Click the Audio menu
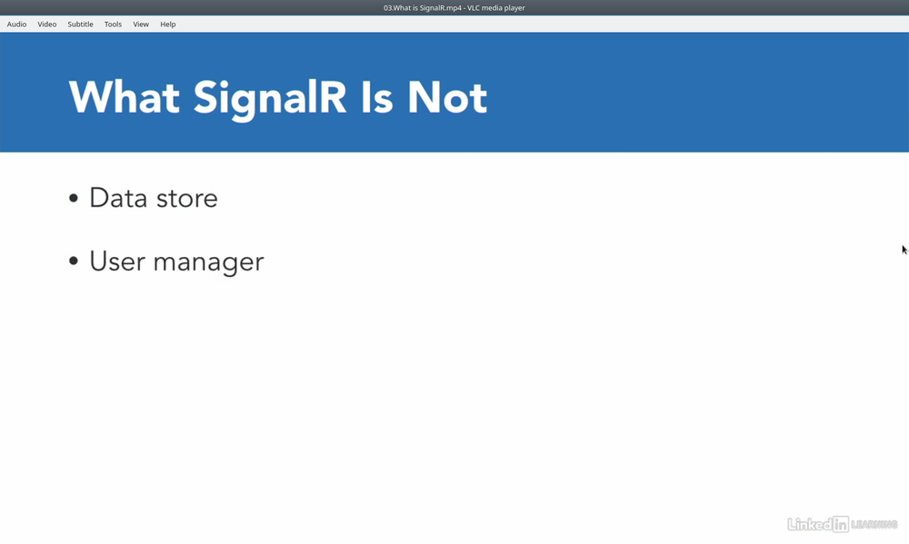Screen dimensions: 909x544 click(16, 25)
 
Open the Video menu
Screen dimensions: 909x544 click(47, 25)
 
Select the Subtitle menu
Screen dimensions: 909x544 click(80, 25)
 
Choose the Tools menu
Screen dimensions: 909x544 click(113, 25)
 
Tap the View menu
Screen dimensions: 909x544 click(141, 25)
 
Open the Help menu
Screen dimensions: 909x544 click(168, 25)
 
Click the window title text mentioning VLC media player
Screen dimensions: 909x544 click(454, 7)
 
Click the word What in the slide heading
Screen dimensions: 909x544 click(124, 97)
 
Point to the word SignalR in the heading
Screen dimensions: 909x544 click(270, 100)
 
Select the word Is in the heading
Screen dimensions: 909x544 click(377, 97)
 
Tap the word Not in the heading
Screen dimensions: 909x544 click(447, 97)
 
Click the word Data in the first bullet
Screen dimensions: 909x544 click(118, 198)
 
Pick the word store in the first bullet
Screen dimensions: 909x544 click(187, 199)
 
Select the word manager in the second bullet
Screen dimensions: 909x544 click(209, 263)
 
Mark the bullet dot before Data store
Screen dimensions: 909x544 click(73, 198)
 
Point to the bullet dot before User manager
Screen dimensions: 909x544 click(73, 262)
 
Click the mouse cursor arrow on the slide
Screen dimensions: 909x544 click(904, 250)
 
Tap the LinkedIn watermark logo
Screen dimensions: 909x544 click(818, 524)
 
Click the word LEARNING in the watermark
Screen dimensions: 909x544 click(874, 525)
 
